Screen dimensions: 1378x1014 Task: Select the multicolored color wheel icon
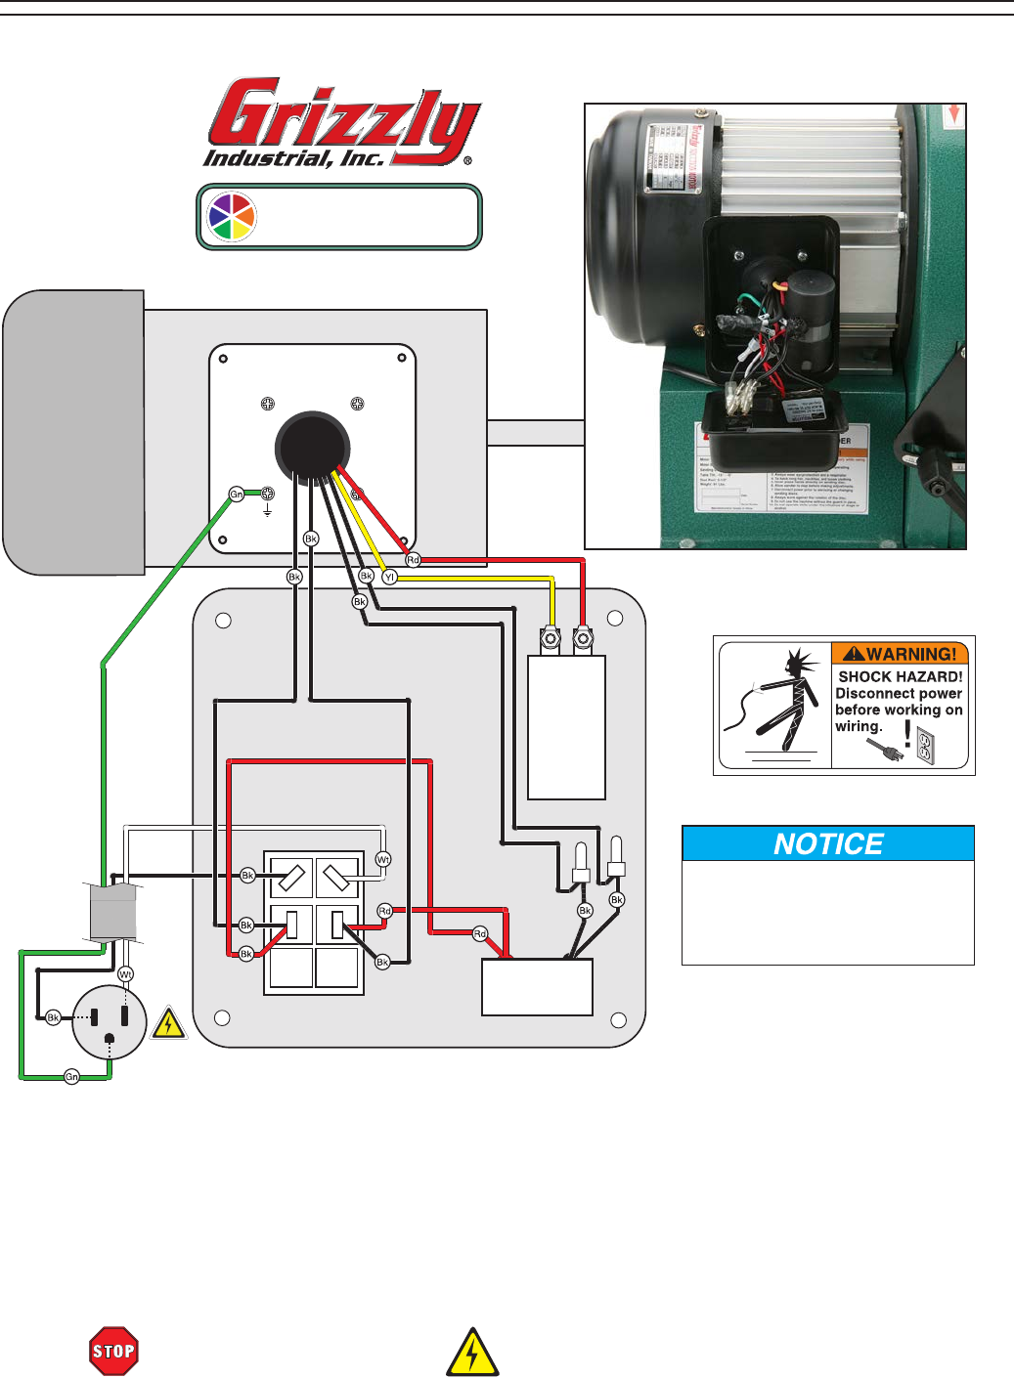(232, 216)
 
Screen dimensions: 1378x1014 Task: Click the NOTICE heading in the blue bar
(828, 843)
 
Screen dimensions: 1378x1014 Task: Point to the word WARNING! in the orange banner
(909, 655)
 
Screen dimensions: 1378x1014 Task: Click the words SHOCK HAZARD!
(900, 676)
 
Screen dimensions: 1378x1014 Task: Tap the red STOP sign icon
(113, 1352)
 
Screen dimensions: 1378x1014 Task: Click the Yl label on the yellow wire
(389, 578)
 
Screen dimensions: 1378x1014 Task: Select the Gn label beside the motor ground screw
(237, 495)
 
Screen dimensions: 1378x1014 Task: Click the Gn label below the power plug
(71, 1077)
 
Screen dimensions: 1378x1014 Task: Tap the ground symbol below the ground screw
(267, 510)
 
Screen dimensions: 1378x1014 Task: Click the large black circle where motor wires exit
(312, 446)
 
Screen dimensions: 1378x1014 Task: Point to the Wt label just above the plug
(125, 974)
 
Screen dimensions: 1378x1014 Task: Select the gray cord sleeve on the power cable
(112, 912)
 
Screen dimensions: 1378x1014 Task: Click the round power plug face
(110, 1022)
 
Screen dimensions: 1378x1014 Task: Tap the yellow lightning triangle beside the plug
(169, 1023)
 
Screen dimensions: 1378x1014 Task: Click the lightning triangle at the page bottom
(472, 1353)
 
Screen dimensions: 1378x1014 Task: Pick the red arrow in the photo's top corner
(953, 114)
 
